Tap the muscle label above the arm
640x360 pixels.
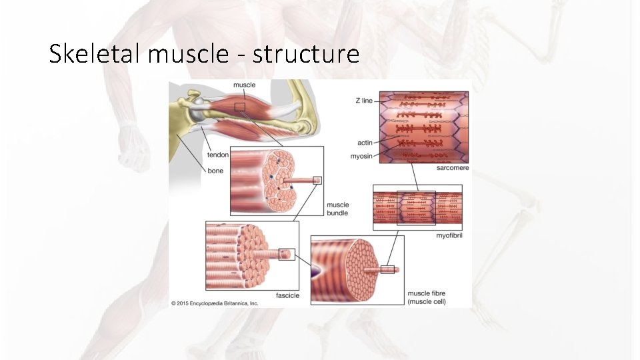tap(243, 85)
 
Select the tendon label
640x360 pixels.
tap(217, 155)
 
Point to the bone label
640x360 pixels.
tap(215, 171)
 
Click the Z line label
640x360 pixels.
tap(364, 101)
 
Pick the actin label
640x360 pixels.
tap(365, 143)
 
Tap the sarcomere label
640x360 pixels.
tap(453, 168)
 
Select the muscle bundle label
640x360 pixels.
tap(337, 209)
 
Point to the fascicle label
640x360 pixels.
tap(287, 295)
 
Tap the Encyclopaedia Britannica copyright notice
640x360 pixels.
tap(215, 303)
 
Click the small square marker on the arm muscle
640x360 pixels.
tap(240, 107)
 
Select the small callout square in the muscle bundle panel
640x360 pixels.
tap(317, 180)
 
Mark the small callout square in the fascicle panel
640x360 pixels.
tap(287, 254)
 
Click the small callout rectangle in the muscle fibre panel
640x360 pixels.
tap(387, 270)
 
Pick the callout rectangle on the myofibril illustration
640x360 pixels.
tap(416, 208)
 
